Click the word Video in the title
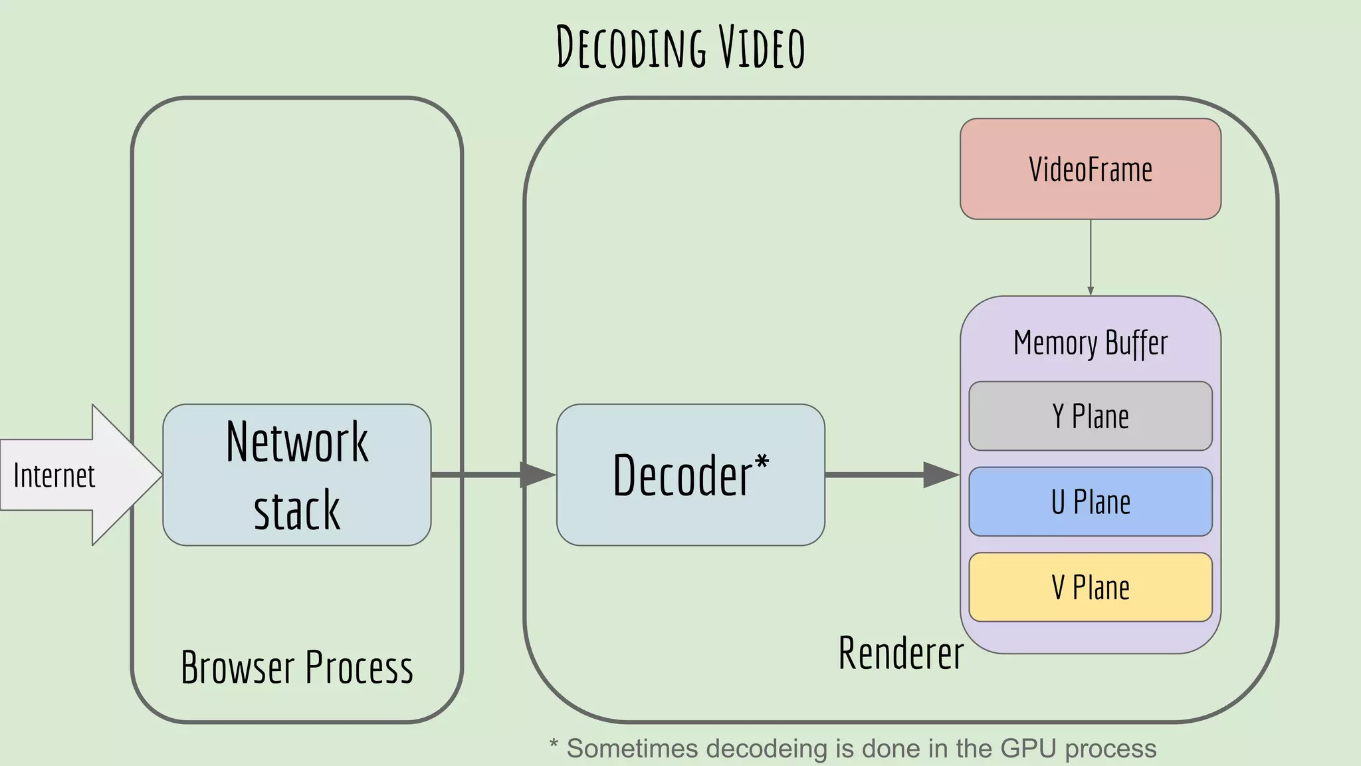pyautogui.click(x=762, y=48)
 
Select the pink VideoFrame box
pyautogui.click(x=1090, y=169)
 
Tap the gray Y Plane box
pyautogui.click(x=1090, y=416)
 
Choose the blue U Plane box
pyautogui.click(x=1090, y=502)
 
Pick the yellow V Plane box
pyautogui.click(x=1090, y=587)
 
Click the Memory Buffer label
pyautogui.click(x=1090, y=343)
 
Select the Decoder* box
pyautogui.click(x=690, y=475)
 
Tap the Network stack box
pyautogui.click(x=296, y=475)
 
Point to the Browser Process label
pyautogui.click(x=296, y=667)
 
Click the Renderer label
pyautogui.click(x=900, y=653)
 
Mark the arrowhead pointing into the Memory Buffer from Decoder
pyautogui.click(x=940, y=475)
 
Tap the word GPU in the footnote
pyautogui.click(x=1028, y=749)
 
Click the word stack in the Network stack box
pyautogui.click(x=296, y=511)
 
